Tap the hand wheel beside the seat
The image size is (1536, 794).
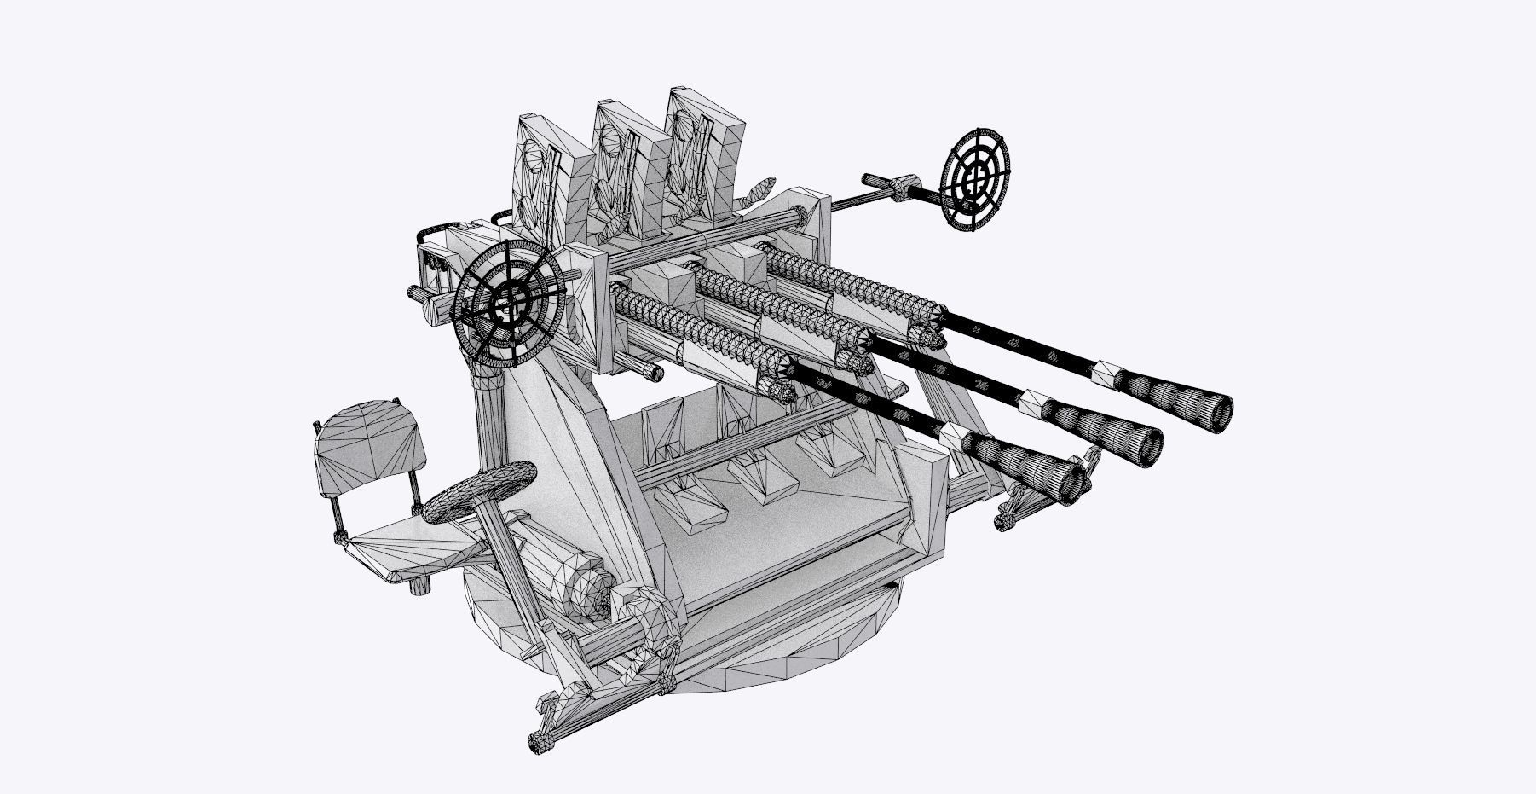point(478,491)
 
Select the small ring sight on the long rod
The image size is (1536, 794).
point(974,178)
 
